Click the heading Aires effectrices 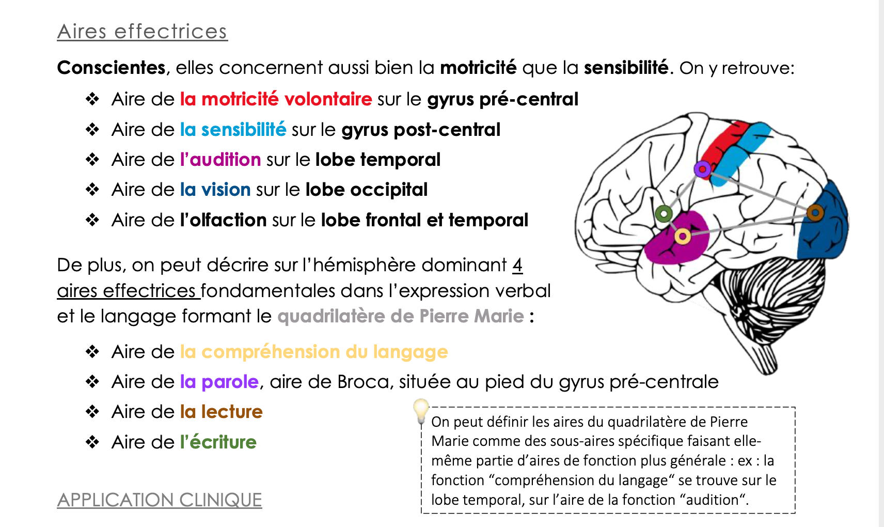143,32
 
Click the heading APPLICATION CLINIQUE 160,500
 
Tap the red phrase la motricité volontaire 276,99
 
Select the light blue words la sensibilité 233,130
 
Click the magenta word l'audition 220,160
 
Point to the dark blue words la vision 215,190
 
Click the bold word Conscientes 111,68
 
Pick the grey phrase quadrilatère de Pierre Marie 401,316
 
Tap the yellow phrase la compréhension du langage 314,352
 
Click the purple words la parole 219,382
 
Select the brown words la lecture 221,412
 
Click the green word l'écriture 218,442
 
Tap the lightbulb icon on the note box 421,411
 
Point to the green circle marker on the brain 664,214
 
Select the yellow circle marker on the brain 682,237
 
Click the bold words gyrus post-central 421,130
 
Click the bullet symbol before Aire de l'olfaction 92,220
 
